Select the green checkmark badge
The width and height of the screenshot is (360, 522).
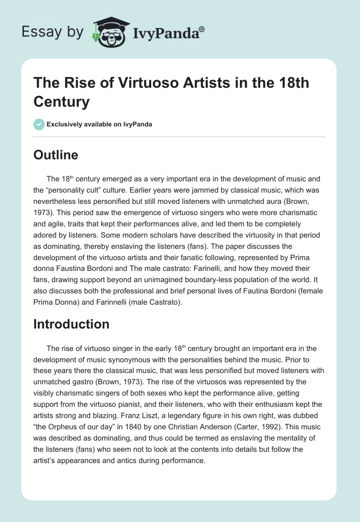(39, 125)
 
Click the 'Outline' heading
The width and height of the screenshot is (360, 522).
(56, 155)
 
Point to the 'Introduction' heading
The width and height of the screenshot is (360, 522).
(72, 324)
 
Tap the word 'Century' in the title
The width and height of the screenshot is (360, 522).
(62, 102)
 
